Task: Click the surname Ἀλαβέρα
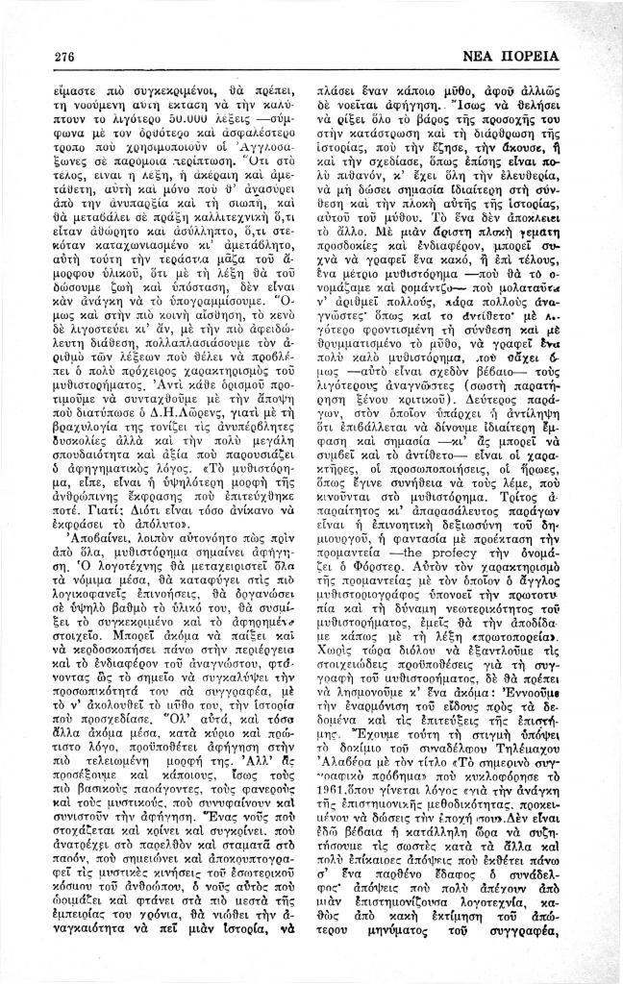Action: tap(353, 769)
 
